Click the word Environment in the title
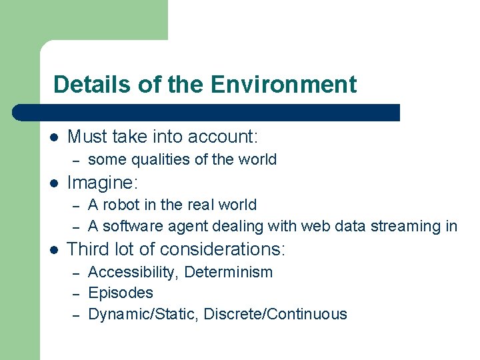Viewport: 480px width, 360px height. (x=283, y=85)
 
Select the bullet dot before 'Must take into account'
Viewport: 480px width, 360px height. (x=54, y=138)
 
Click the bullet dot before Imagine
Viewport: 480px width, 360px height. (x=54, y=183)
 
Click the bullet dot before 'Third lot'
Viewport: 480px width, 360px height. (x=54, y=250)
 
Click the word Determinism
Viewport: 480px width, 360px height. (x=229, y=272)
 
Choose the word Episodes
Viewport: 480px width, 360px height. (x=121, y=293)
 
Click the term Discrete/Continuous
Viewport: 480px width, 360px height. (x=275, y=314)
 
